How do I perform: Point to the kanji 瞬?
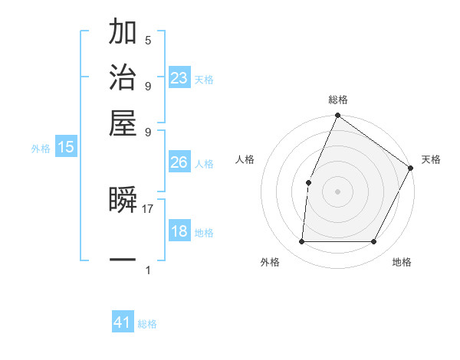(123, 199)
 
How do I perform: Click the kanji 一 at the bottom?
(123, 260)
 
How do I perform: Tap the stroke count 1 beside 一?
(148, 270)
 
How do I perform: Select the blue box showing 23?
(179, 77)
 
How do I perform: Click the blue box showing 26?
(179, 162)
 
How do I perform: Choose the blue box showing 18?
(179, 231)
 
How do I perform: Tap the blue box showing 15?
(65, 147)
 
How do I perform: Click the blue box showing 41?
(123, 322)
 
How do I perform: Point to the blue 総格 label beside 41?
(147, 324)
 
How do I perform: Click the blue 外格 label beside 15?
(40, 149)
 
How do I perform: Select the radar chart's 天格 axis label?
(431, 159)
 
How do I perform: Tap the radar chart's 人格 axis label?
(245, 159)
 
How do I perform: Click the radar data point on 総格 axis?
(337, 116)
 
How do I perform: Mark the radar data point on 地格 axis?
(374, 241)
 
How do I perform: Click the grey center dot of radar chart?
(337, 191)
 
